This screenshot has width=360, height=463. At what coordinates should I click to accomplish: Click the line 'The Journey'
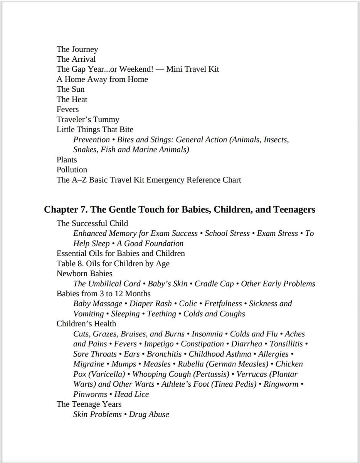(77, 49)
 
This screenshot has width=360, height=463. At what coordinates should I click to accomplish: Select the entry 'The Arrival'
(76, 59)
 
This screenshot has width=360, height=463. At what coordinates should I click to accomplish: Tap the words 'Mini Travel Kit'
(192, 69)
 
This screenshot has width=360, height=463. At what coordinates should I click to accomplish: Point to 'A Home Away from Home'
(102, 79)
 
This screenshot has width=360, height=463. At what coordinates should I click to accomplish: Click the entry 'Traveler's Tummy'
(88, 120)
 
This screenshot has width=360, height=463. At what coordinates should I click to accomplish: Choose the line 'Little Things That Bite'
(95, 130)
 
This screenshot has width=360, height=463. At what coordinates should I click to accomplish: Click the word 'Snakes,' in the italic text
(86, 150)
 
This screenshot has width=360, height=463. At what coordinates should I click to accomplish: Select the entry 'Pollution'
(72, 170)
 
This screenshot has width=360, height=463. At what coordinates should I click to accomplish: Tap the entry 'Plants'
(67, 160)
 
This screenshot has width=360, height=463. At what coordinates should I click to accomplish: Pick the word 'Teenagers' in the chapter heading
(294, 210)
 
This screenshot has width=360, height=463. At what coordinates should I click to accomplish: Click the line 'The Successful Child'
(92, 223)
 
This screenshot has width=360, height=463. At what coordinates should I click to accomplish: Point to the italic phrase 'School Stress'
(227, 233)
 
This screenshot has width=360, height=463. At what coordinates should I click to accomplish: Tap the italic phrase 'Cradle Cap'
(214, 284)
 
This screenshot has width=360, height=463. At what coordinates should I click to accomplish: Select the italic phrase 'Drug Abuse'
(149, 414)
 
